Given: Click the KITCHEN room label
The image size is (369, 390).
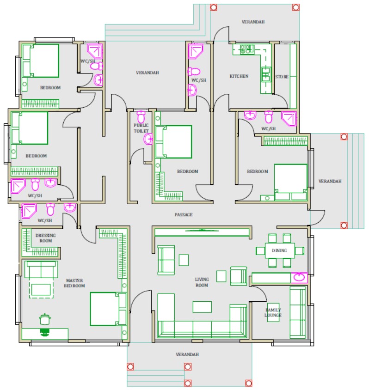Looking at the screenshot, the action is click(239, 76).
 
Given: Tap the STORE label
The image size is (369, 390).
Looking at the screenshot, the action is click(282, 77).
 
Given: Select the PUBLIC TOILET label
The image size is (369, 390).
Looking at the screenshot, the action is click(141, 128).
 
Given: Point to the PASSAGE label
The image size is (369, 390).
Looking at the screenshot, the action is click(184, 215).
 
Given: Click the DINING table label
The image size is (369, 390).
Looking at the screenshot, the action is click(279, 250).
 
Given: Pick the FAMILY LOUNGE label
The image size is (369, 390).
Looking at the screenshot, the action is click(273, 312).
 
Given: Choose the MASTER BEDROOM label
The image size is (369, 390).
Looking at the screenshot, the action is click(74, 283).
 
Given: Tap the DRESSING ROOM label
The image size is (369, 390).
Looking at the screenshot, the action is click(45, 238).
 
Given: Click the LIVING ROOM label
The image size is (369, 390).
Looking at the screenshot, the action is click(202, 282).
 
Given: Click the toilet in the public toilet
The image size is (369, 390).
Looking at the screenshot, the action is click(141, 117).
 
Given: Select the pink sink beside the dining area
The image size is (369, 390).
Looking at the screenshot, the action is click(299, 277).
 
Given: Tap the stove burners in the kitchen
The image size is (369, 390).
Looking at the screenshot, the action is click(245, 49).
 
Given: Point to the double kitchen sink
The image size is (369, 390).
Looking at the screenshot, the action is click(266, 74).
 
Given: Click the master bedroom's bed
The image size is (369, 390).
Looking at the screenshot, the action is click(108, 309).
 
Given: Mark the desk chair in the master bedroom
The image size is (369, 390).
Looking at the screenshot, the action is click(45, 332).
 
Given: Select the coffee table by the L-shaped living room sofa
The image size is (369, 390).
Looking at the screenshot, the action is click(202, 307).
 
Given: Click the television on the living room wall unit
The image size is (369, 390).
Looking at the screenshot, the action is click(202, 230).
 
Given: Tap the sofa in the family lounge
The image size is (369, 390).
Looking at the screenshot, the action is click(298, 312).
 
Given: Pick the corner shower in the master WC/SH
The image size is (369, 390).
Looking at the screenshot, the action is click(29, 211).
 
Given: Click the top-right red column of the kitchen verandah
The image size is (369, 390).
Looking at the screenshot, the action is click(295, 7).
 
